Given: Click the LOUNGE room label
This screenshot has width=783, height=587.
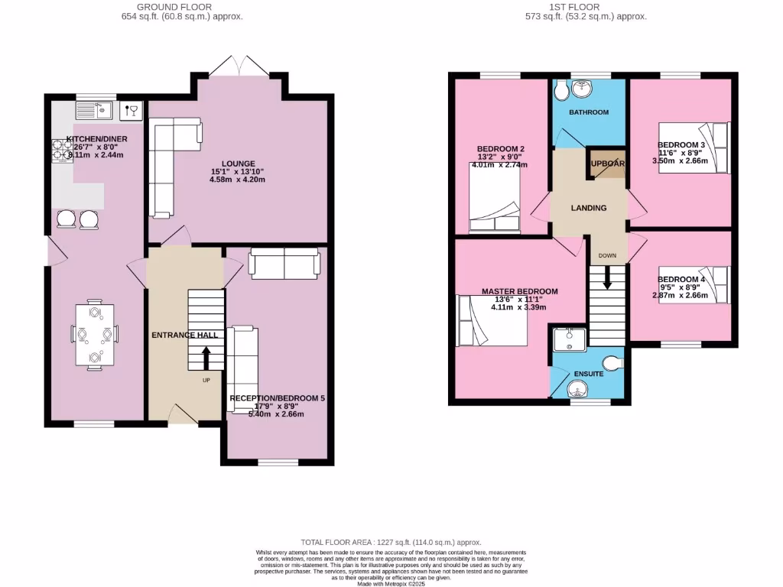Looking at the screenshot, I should click(x=233, y=164).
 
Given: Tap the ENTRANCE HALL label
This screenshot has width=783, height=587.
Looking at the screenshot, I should click(x=184, y=335).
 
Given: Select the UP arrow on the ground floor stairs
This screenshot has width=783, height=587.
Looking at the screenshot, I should click(x=206, y=356).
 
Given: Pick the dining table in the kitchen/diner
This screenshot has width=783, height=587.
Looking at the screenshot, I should click(x=95, y=335).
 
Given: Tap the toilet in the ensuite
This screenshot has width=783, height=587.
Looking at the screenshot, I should click(x=612, y=362).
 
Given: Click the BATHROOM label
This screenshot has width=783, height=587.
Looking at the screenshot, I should click(x=588, y=112).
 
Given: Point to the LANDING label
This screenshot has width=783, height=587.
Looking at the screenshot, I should click(x=589, y=208).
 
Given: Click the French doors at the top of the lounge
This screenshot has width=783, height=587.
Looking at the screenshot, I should click(x=239, y=69).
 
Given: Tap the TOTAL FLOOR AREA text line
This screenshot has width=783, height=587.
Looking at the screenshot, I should click(x=391, y=541).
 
